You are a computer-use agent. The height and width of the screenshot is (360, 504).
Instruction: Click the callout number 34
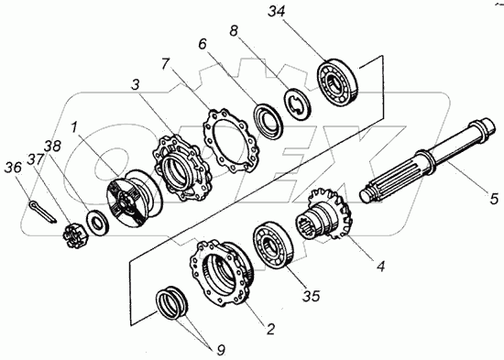pos(277,12)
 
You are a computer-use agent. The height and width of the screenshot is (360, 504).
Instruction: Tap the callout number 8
pos(234,31)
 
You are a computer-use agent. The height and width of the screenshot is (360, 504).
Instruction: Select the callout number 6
pos(203,44)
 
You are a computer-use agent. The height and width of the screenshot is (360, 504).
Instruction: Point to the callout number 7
pos(165,64)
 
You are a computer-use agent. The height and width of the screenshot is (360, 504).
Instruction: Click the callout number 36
pos(13,168)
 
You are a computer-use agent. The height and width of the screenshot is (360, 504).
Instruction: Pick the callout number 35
pos(312,296)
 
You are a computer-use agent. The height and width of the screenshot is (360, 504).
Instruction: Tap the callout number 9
pos(221,350)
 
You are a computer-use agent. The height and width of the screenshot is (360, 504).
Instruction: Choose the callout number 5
pos(494,199)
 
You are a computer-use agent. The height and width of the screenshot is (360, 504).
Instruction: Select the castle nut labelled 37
pos(73,236)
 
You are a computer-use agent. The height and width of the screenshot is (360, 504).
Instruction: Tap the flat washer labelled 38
pos(97,222)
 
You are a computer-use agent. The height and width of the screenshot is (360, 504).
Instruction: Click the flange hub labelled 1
pos(135,199)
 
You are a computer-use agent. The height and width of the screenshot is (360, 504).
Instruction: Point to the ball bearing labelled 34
pos(337,81)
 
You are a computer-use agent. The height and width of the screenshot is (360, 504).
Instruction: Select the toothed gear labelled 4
pos(324,214)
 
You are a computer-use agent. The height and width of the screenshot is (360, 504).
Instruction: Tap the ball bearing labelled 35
pos(274,244)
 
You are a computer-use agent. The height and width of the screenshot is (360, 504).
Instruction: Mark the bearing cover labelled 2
pos(222,273)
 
